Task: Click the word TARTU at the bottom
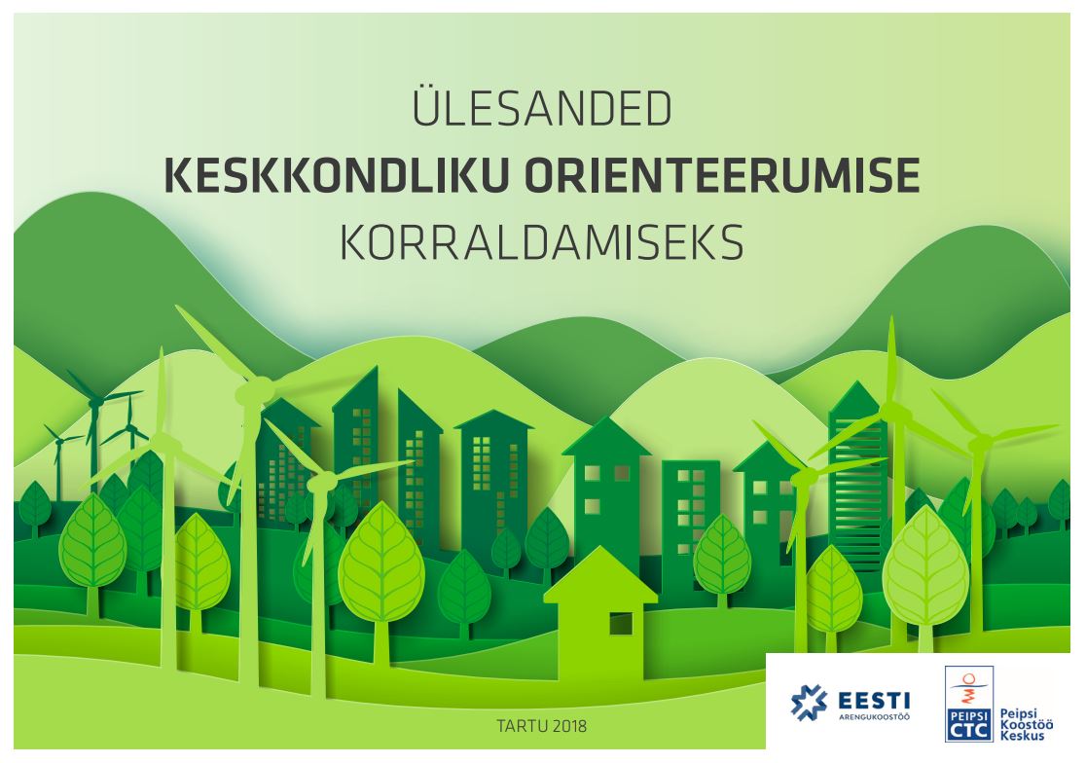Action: (x=520, y=727)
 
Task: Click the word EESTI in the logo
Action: (x=873, y=701)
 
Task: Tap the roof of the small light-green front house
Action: (x=599, y=575)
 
